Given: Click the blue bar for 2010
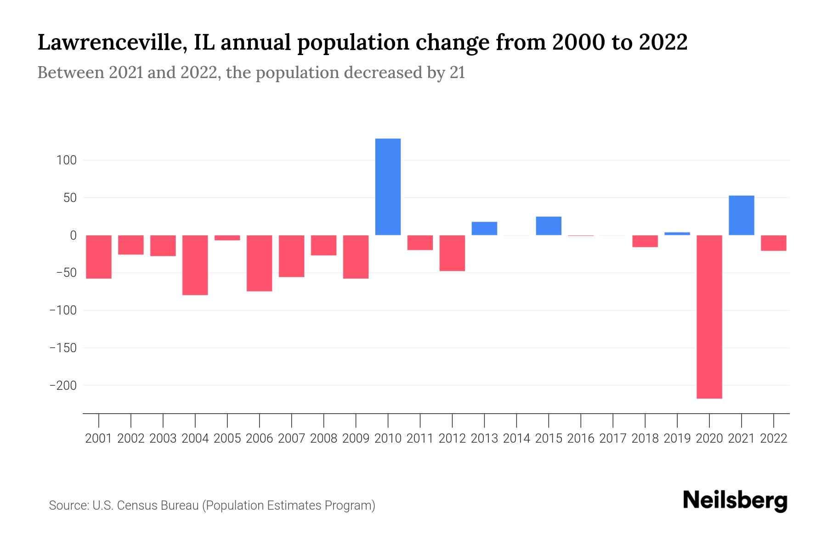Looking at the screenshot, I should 388,187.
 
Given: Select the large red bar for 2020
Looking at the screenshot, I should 709,317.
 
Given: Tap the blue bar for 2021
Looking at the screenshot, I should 741,215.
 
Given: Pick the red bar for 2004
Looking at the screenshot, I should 195,265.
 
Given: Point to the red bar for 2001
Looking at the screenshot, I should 99,257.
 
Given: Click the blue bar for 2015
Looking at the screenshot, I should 549,226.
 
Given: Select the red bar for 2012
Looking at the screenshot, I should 452,253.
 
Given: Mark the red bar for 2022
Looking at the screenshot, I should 773,243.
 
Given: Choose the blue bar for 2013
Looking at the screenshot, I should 484,229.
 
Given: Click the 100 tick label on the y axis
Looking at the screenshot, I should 67,160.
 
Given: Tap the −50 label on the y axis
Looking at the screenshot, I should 66,273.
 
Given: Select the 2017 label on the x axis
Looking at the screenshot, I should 613,439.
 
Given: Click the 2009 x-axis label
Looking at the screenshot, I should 356,439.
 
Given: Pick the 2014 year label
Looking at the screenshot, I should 516,439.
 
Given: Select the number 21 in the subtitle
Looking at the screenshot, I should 457,73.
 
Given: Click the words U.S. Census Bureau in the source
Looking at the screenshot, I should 146,506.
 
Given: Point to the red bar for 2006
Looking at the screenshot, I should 260,263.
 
